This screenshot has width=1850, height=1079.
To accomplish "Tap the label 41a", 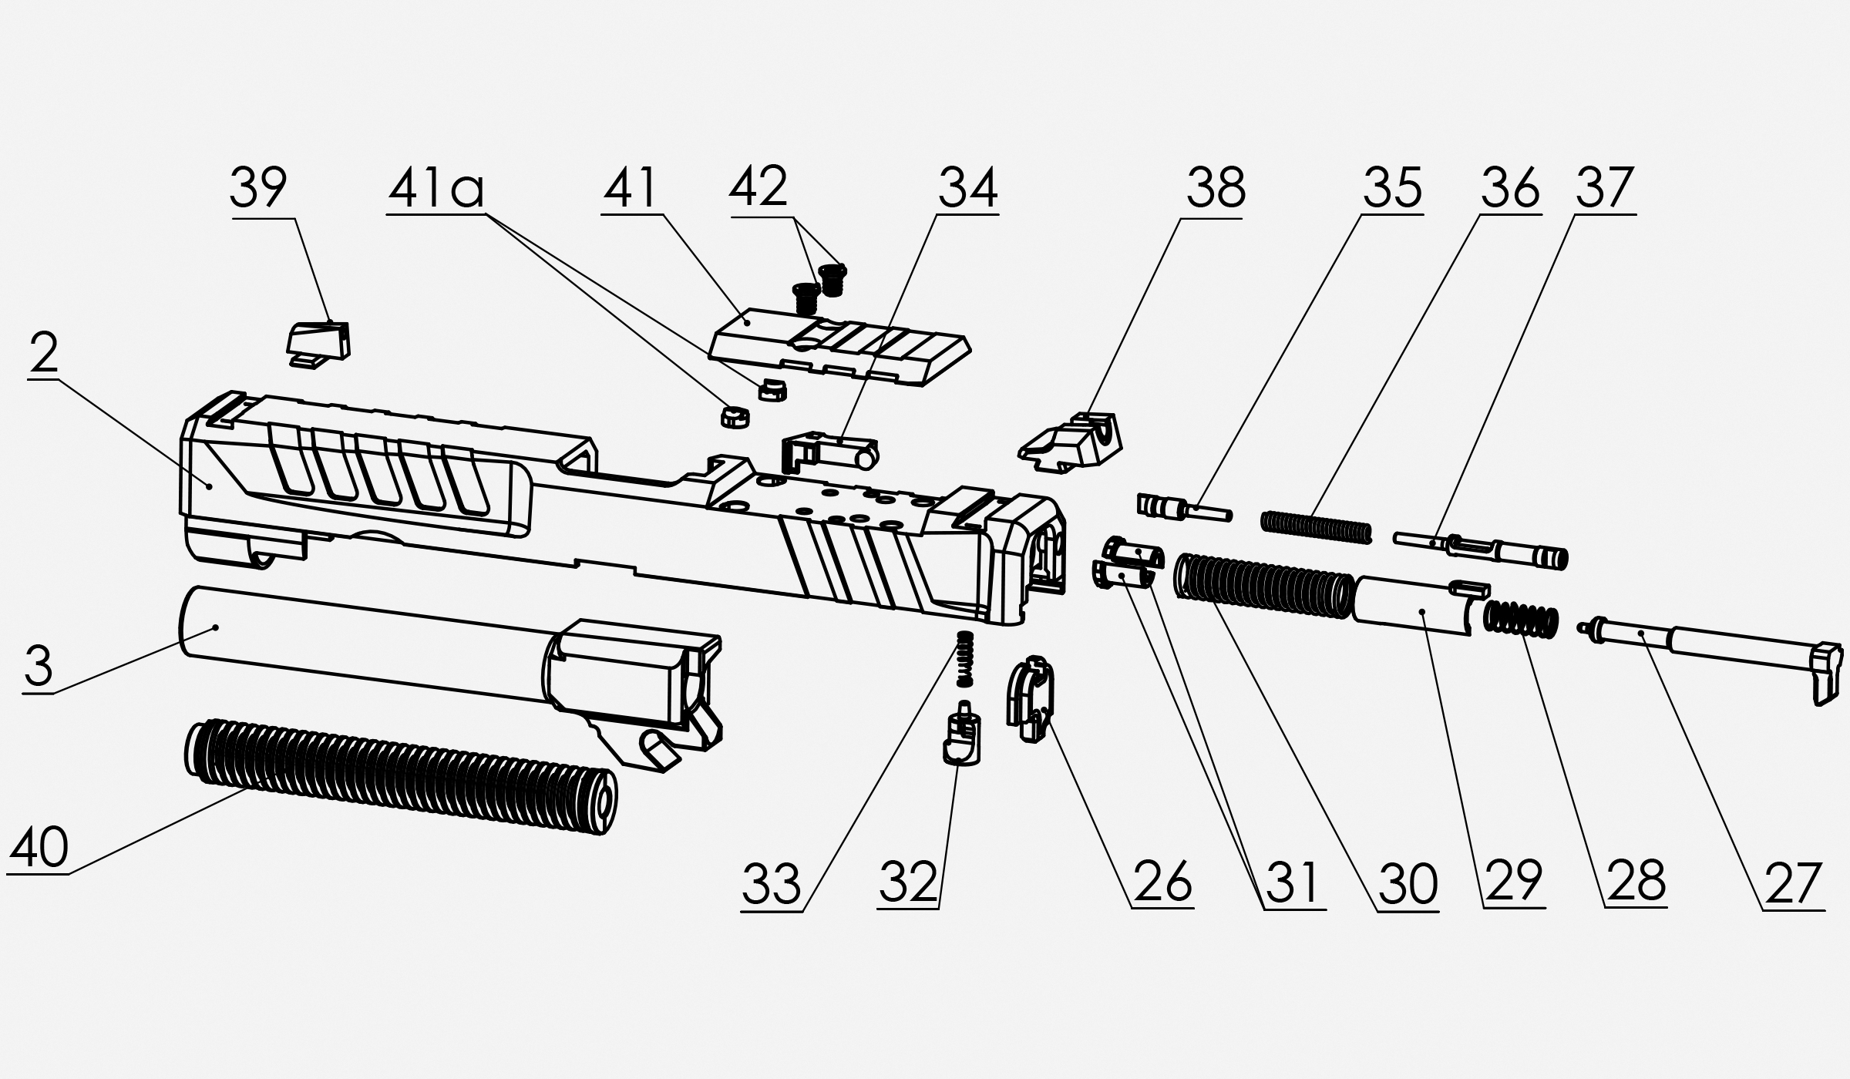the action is click(x=436, y=188).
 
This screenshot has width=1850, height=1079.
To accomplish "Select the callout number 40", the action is click(x=39, y=847).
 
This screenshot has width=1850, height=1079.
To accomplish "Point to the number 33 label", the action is click(x=771, y=884).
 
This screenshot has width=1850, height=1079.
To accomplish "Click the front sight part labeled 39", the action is click(x=319, y=344).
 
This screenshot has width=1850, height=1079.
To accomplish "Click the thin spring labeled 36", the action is click(x=1317, y=527).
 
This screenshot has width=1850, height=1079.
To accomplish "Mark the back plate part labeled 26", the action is click(x=1030, y=698).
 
